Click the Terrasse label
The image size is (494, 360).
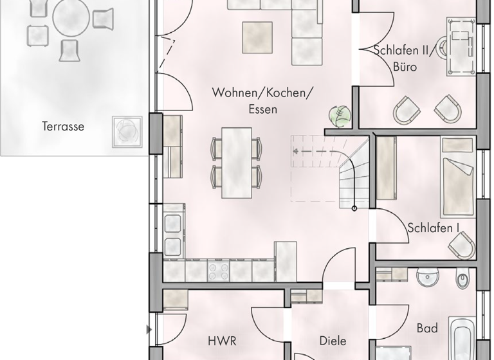tap(63, 127)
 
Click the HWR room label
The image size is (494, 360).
tap(221, 341)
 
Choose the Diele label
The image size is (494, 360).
tap(333, 341)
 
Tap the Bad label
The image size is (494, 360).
tap(427, 328)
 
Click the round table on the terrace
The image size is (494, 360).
tap(71, 20)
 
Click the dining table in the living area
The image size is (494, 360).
tap(237, 163)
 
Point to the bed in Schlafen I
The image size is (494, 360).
tap(457, 177)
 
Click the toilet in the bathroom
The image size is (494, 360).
tap(462, 280)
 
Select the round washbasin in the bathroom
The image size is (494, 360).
tap(428, 277)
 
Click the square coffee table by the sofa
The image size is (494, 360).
tap(257, 37)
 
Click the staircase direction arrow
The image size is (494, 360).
tap(295, 152)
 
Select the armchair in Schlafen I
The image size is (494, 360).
tap(462, 245)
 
